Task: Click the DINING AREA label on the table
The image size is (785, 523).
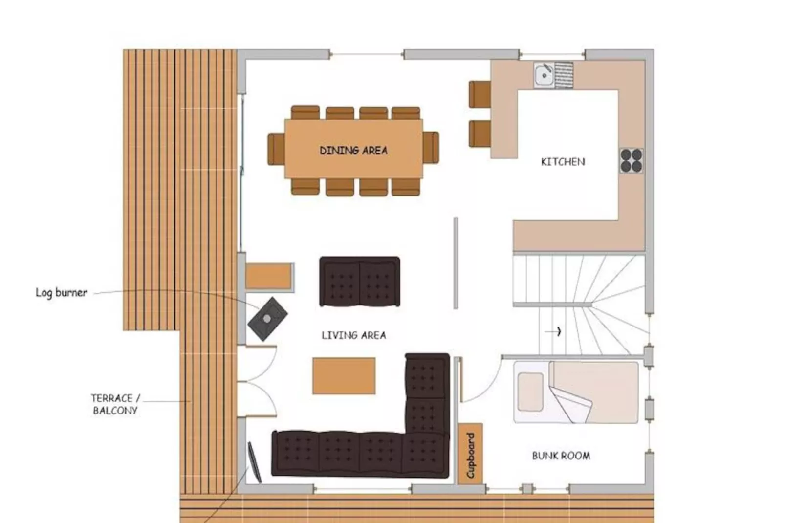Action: click(x=353, y=150)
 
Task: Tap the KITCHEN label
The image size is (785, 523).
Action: click(x=563, y=162)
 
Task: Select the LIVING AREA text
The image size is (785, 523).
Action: click(x=353, y=335)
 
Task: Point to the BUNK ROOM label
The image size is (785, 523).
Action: click(x=561, y=456)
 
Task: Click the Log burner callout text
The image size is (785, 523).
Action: click(x=62, y=293)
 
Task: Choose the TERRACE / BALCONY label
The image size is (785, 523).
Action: click(x=115, y=404)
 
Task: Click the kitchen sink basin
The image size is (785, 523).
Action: click(x=543, y=75)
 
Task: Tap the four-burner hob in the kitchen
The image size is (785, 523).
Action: click(x=631, y=161)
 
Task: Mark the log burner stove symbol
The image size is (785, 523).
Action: click(x=267, y=319)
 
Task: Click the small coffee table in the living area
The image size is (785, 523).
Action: click(x=344, y=375)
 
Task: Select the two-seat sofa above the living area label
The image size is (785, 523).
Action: click(x=359, y=282)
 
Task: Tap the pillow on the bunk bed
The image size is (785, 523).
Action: click(x=530, y=392)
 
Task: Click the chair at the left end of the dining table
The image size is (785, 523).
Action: click(x=276, y=149)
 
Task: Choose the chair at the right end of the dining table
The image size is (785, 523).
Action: click(x=431, y=148)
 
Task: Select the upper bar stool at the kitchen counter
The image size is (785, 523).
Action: click(x=480, y=94)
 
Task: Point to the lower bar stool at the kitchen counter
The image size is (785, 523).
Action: click(x=480, y=133)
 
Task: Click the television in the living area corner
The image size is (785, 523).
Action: click(x=255, y=461)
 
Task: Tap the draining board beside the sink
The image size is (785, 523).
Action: click(x=564, y=75)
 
